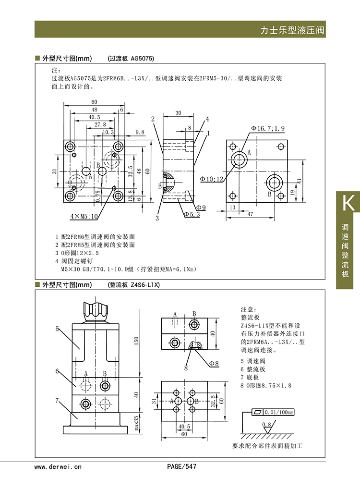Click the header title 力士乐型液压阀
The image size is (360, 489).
[292, 30]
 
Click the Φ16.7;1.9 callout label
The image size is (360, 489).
[267, 128]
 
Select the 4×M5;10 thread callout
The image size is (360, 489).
[84, 217]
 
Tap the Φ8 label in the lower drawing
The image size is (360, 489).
[214, 364]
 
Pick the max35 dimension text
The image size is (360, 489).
[135, 423]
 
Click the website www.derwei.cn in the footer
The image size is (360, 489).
[58, 466]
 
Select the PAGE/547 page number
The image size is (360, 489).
[181, 466]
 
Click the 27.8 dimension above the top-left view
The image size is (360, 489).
[100, 124]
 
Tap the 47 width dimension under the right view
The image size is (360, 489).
[250, 215]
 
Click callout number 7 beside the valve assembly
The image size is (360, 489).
[57, 400]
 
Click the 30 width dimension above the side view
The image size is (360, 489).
[178, 113]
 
